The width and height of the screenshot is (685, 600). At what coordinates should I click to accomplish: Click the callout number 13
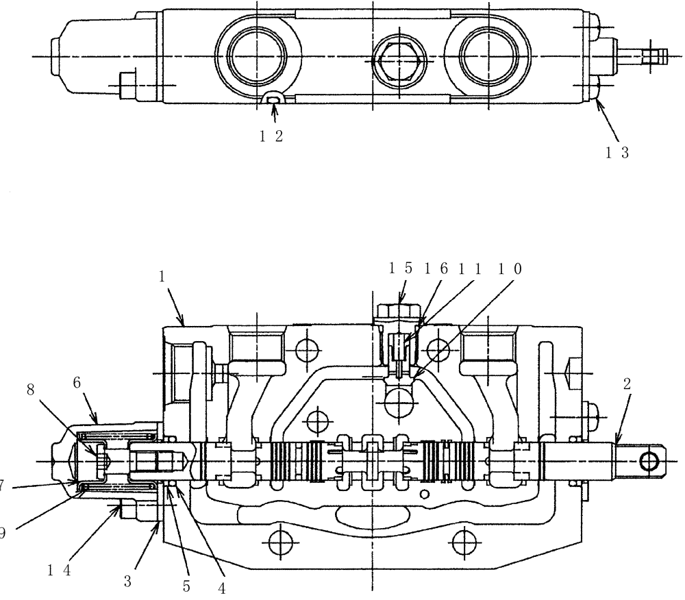(x=616, y=153)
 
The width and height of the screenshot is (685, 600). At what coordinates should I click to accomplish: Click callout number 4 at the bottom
(x=222, y=587)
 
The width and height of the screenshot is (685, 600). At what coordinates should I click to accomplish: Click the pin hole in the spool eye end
(x=647, y=462)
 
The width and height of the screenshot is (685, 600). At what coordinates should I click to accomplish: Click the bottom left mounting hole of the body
(x=277, y=543)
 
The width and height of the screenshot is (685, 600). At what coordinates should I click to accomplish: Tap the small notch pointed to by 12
(x=273, y=101)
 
